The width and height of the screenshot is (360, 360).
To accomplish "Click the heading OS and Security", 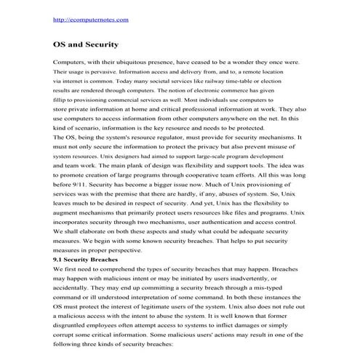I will click(87, 44).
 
